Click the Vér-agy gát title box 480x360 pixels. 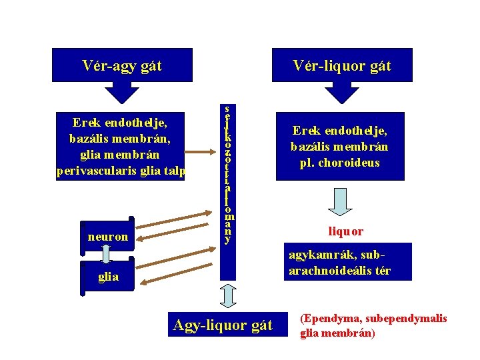tap(122, 65)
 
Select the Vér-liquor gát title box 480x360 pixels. tap(342, 65)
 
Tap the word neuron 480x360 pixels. tap(107, 236)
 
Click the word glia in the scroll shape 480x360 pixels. tap(107, 277)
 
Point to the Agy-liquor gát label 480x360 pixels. tap(223, 325)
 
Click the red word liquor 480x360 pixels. tap(345, 231)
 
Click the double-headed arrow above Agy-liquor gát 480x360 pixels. tap(228, 296)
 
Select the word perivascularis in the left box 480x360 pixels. tap(92, 171)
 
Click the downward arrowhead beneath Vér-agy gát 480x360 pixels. tap(122, 93)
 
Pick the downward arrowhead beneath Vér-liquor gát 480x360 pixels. tap(341, 93)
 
